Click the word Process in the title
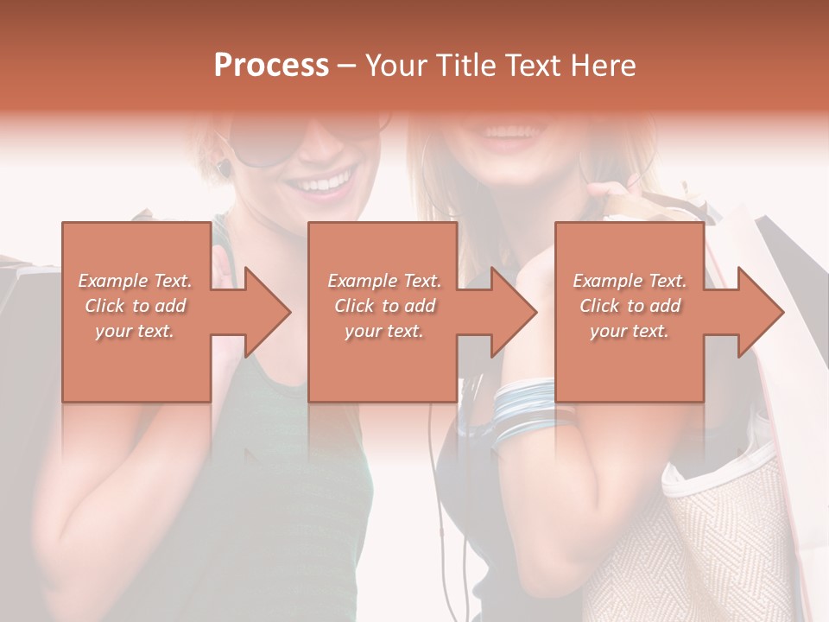coord(271,65)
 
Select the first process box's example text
coord(136,306)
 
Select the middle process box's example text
coord(384,306)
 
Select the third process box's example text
coord(630,306)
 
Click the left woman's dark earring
coord(224,168)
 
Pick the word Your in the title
coord(394,66)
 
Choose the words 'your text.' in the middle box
coord(384,331)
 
